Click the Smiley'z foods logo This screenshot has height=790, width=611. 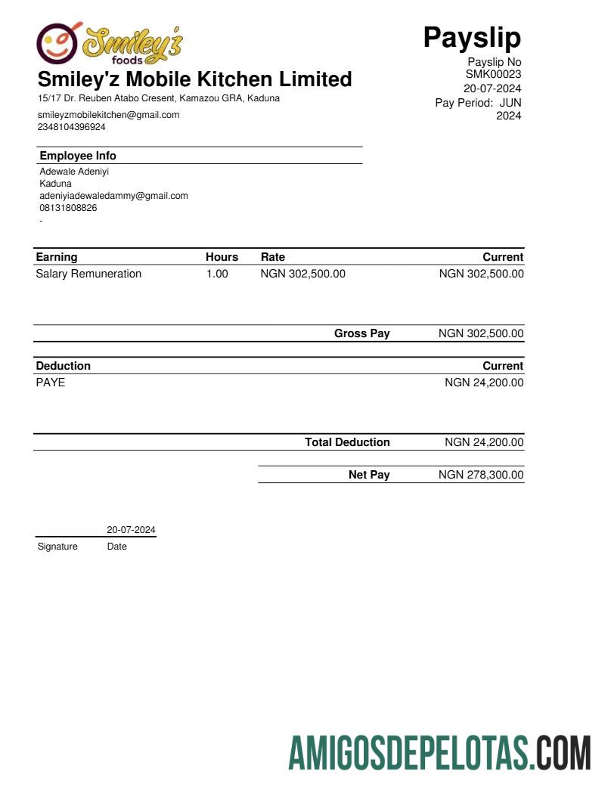(110, 44)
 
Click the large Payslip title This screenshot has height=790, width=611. (472, 36)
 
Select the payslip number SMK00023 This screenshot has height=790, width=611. (493, 74)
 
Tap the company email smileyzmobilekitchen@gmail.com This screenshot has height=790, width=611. (108, 115)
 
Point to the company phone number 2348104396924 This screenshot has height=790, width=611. (72, 127)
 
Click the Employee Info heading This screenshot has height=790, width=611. (78, 156)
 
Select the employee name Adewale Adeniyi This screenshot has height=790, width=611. (74, 172)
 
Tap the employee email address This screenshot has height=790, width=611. (113, 196)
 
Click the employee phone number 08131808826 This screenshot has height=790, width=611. (68, 208)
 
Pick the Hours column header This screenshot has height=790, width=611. (222, 257)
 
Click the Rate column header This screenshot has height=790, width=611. (273, 257)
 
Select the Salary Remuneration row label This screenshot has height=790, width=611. (88, 274)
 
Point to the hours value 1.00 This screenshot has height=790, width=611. (217, 274)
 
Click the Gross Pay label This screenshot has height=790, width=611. (361, 333)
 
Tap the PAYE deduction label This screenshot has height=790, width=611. (51, 383)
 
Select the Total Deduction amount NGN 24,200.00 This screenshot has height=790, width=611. (484, 442)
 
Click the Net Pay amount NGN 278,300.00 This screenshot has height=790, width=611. (481, 475)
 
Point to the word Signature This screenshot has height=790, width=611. (57, 547)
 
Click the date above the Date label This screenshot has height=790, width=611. (131, 530)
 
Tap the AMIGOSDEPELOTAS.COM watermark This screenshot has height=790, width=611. (439, 753)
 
